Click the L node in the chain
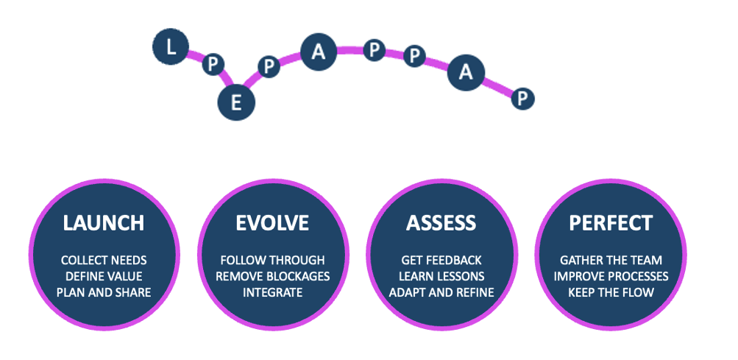pyautogui.click(x=171, y=48)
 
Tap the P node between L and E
pyautogui.click(x=213, y=65)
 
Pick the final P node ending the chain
pyautogui.click(x=522, y=98)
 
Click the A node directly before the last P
pyautogui.click(x=466, y=72)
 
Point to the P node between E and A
pyautogui.click(x=269, y=66)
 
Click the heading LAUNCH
pyautogui.click(x=103, y=222)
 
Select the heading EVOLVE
pyautogui.click(x=272, y=222)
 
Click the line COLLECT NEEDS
pyautogui.click(x=103, y=261)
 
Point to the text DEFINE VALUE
pyautogui.click(x=103, y=276)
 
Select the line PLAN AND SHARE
pyautogui.click(x=103, y=292)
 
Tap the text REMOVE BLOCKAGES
pyautogui.click(x=272, y=276)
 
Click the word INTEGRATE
pyautogui.click(x=272, y=292)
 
